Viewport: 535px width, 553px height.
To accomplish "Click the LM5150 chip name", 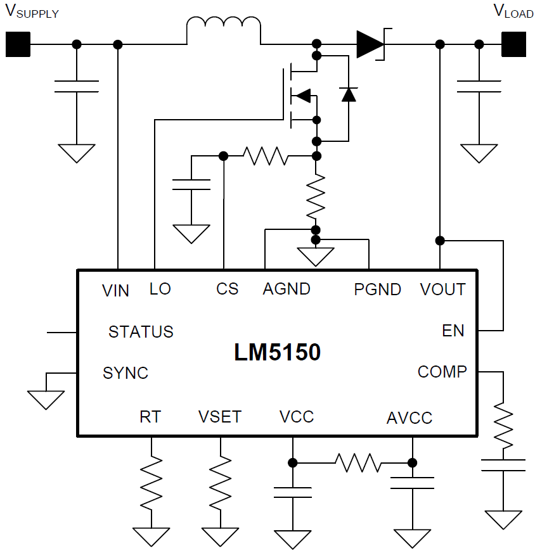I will (x=277, y=353).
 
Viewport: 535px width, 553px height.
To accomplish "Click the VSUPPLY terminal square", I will (x=18, y=44).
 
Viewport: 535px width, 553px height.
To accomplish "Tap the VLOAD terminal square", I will (x=514, y=44).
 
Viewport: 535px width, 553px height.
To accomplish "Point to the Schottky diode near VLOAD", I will (x=371, y=44).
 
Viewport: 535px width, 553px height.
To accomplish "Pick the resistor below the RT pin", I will (x=152, y=483).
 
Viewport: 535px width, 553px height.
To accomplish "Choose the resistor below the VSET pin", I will (x=221, y=483).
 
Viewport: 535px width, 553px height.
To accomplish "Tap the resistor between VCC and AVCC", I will (x=358, y=462).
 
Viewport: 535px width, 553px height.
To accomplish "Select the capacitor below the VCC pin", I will (x=292, y=492).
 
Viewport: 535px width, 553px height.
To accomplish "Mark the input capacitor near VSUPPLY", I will (x=77, y=87).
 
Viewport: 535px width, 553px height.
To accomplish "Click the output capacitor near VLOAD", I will (x=479, y=87).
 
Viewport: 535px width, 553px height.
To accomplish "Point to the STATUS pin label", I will (x=141, y=332).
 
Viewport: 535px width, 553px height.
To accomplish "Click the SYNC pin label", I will (x=126, y=373).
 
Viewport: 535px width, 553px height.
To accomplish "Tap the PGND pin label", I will (x=377, y=289).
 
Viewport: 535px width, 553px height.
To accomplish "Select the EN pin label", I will (x=453, y=331).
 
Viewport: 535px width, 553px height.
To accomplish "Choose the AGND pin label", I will (x=287, y=289).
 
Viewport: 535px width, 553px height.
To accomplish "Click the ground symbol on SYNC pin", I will (x=46, y=398).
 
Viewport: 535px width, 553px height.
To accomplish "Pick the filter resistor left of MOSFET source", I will (x=266, y=156).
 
